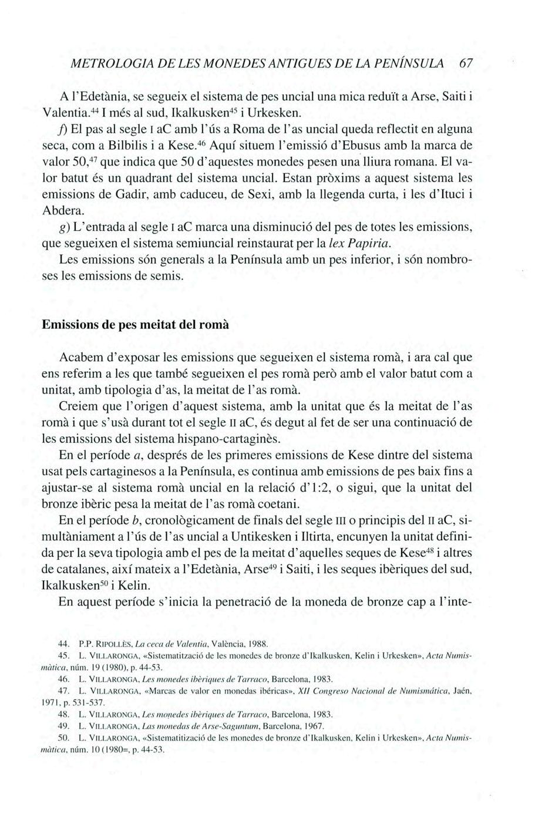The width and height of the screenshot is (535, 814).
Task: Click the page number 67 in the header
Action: pos(466,63)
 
